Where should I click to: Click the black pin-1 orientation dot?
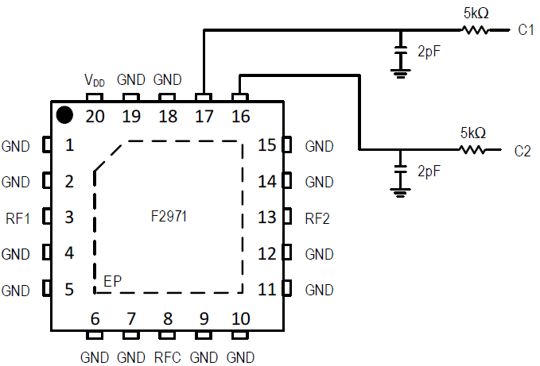pyautogui.click(x=65, y=115)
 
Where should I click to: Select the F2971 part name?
pyautogui.click(x=169, y=216)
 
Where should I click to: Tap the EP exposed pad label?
pyautogui.click(x=113, y=281)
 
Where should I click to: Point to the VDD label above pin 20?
pyautogui.click(x=95, y=80)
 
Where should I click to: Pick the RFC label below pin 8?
pyautogui.click(x=168, y=356)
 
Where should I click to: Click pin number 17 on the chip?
pyautogui.click(x=204, y=117)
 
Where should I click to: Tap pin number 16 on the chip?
pyautogui.click(x=240, y=117)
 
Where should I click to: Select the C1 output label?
pyautogui.click(x=526, y=30)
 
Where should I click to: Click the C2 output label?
pyautogui.click(x=523, y=150)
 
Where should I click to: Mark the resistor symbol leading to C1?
pyautogui.click(x=475, y=30)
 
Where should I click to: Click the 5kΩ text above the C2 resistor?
pyautogui.click(x=472, y=133)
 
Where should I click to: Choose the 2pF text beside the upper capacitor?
pyautogui.click(x=430, y=52)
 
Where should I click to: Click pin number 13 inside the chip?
pyautogui.click(x=266, y=218)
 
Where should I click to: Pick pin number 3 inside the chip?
pyautogui.click(x=70, y=218)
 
